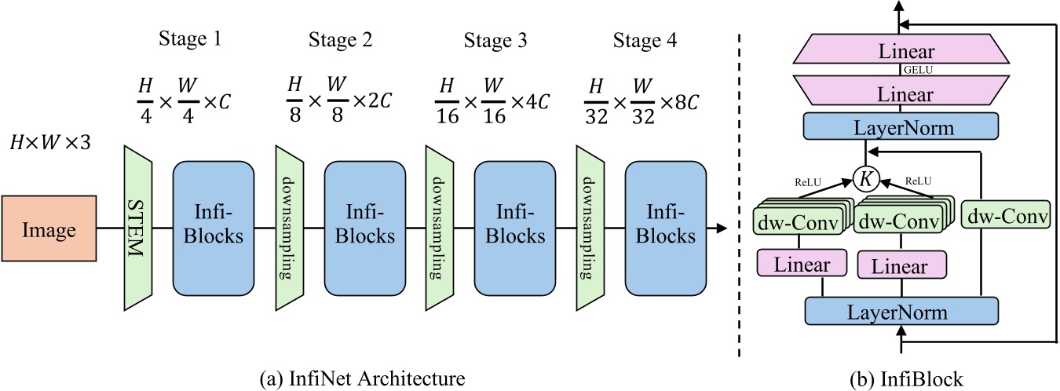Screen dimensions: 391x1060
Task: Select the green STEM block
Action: pyautogui.click(x=137, y=228)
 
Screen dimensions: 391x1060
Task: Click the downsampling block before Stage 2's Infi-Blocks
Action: pyautogui.click(x=288, y=228)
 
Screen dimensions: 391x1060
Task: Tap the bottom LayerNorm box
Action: pyautogui.click(x=902, y=312)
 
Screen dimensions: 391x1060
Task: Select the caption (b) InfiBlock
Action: pyautogui.click(x=907, y=378)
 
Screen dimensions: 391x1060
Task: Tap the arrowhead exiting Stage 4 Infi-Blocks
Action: pyautogui.click(x=720, y=228)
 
